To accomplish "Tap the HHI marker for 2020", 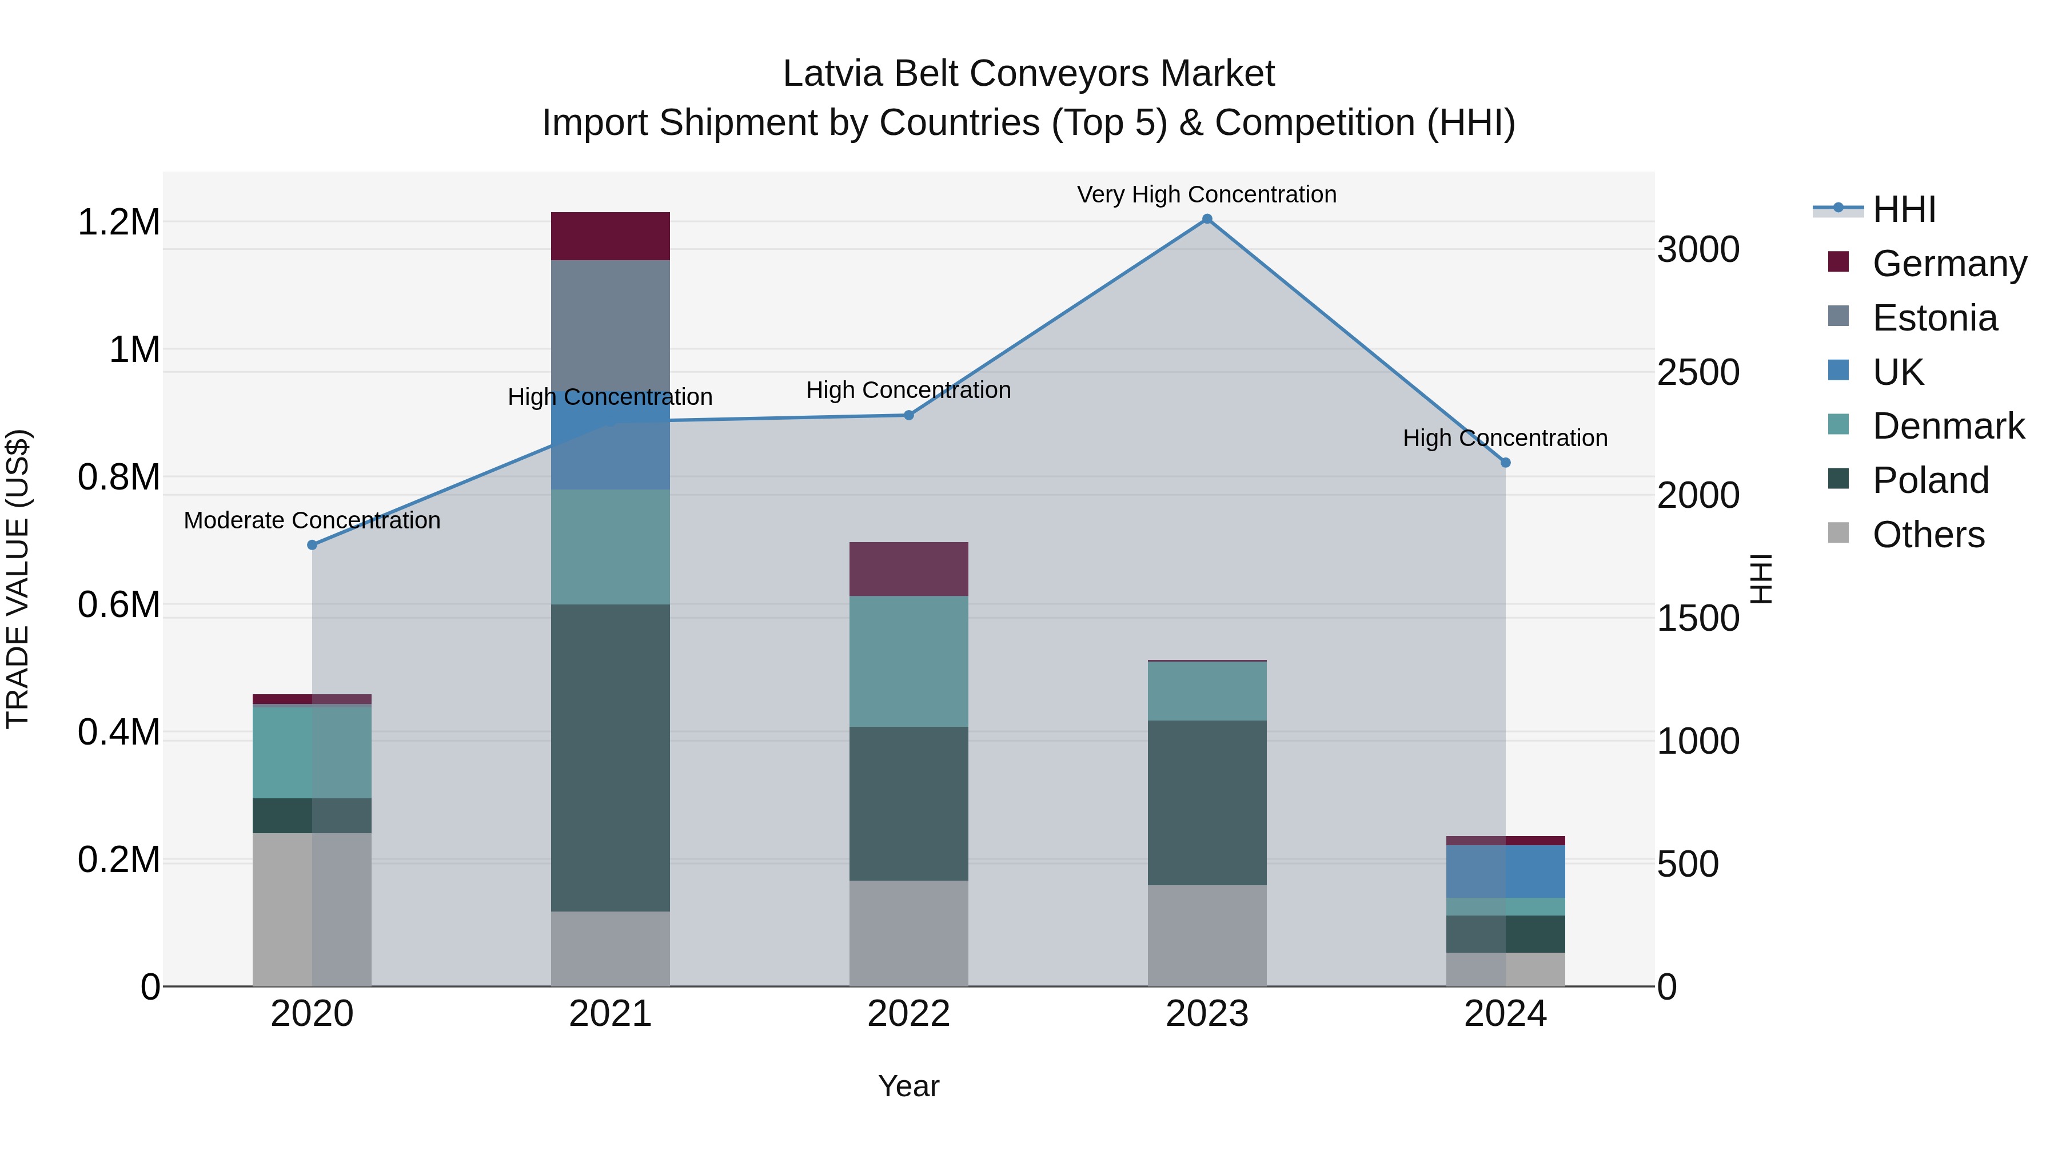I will coord(312,545).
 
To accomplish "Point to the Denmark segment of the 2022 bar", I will coord(908,661).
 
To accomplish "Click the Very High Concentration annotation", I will coord(1206,194).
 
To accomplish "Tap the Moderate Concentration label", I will coord(312,520).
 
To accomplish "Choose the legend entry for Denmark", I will coord(1948,426).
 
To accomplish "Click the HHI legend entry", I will coord(1904,209).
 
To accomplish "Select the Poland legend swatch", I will coord(1838,480).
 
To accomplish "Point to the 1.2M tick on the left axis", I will coord(118,222).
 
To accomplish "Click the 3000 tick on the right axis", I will coord(1698,249).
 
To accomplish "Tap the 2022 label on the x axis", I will coord(908,1013).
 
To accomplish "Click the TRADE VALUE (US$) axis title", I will coord(18,579).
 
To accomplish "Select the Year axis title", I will coord(908,1086).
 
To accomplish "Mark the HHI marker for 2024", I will coord(1505,463).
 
